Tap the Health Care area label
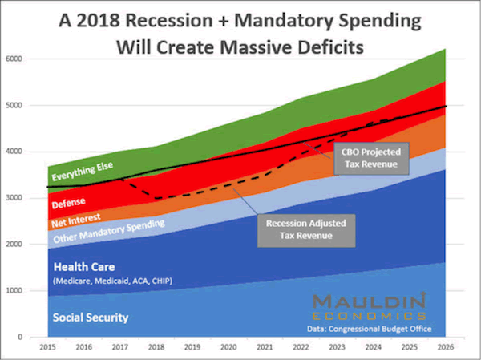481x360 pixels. (x=84, y=266)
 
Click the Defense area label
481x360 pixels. (x=71, y=202)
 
